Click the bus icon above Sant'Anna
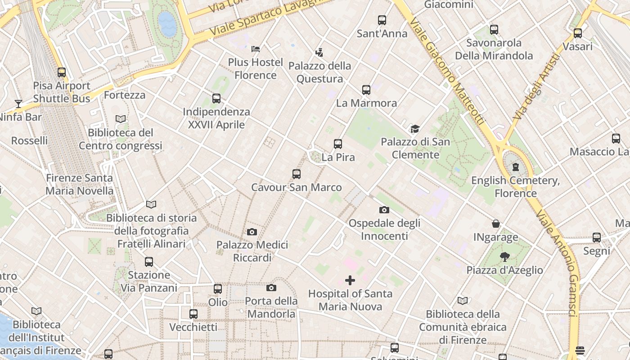coord(382,20)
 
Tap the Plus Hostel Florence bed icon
coord(256,49)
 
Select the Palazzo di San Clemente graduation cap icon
coord(415,129)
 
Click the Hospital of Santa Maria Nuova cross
coord(350,280)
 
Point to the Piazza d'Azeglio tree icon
coord(504,257)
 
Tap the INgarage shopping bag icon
coord(495,224)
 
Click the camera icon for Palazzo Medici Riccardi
coord(252,232)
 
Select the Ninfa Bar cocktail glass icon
coord(18,104)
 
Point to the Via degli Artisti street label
coord(535,88)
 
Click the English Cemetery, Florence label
coord(515,187)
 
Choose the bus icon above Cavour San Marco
coord(296,174)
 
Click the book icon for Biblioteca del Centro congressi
coord(120,119)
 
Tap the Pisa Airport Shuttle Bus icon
coord(62,72)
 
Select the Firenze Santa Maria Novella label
coord(80,184)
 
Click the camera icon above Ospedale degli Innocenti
coord(384,210)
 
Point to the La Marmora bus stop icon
coord(366,90)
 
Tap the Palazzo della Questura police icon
coord(319,53)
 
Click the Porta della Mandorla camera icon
coord(271,288)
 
